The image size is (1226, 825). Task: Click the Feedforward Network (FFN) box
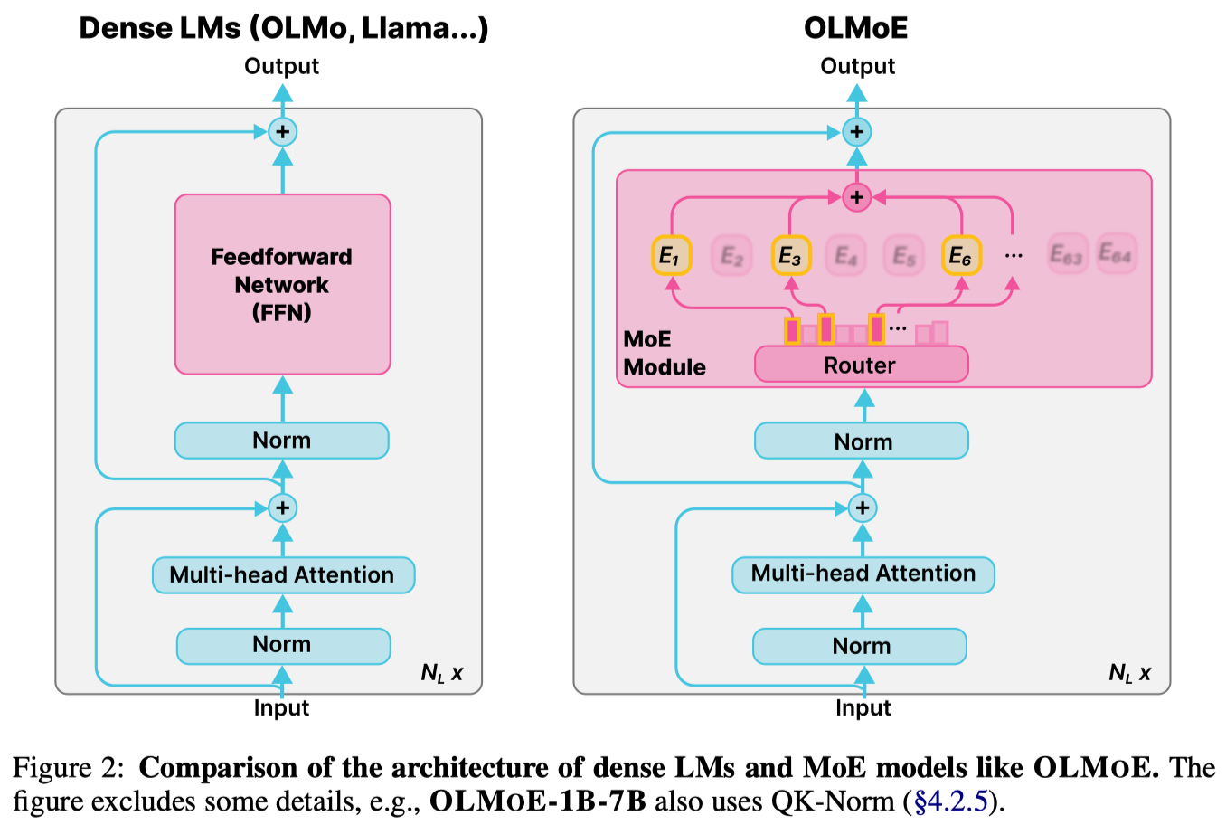pyautogui.click(x=282, y=284)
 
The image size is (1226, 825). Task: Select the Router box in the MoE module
pyautogui.click(x=861, y=365)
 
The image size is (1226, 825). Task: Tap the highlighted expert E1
pyautogui.click(x=671, y=256)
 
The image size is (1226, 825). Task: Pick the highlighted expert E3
pyautogui.click(x=790, y=256)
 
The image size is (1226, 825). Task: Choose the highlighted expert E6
pyautogui.click(x=961, y=256)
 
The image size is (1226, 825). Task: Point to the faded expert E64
pyautogui.click(x=1116, y=254)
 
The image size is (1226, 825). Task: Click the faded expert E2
pyautogui.click(x=731, y=256)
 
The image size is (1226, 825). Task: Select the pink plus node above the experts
pyautogui.click(x=856, y=196)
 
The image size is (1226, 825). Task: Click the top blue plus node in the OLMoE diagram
pyautogui.click(x=856, y=132)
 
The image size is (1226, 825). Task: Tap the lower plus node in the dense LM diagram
pyautogui.click(x=283, y=507)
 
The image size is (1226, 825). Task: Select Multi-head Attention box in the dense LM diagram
pyautogui.click(x=283, y=575)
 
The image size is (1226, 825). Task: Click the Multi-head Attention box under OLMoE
pyautogui.click(x=863, y=574)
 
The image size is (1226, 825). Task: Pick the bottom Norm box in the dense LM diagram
pyautogui.click(x=283, y=645)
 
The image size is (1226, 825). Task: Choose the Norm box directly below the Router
pyautogui.click(x=862, y=441)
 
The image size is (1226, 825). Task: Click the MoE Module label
pyautogui.click(x=664, y=353)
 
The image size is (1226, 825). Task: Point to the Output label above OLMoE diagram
pyautogui.click(x=857, y=66)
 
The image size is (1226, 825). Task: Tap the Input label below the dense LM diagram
pyautogui.click(x=281, y=707)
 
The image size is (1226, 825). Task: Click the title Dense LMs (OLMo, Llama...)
pyautogui.click(x=283, y=28)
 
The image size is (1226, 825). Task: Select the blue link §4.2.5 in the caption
pyautogui.click(x=951, y=801)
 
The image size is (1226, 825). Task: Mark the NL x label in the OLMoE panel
pyautogui.click(x=1129, y=673)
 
